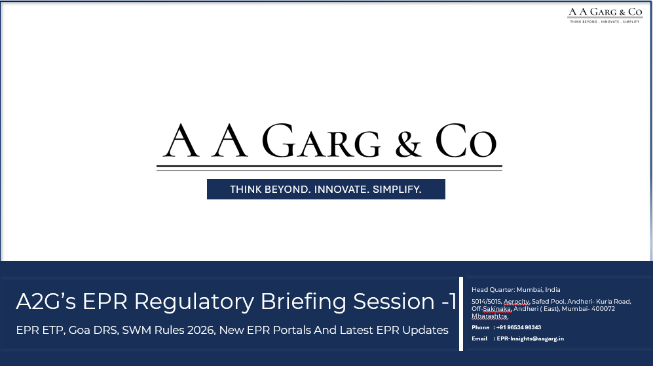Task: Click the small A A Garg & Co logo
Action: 605,14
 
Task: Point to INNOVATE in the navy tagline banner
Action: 341,190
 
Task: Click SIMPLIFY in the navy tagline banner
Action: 397,190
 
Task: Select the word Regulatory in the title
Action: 194,302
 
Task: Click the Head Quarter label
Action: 493,289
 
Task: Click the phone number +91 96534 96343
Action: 518,327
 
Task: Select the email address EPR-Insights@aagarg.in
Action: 531,338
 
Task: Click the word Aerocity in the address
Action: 517,302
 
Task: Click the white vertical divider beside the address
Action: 462,314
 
